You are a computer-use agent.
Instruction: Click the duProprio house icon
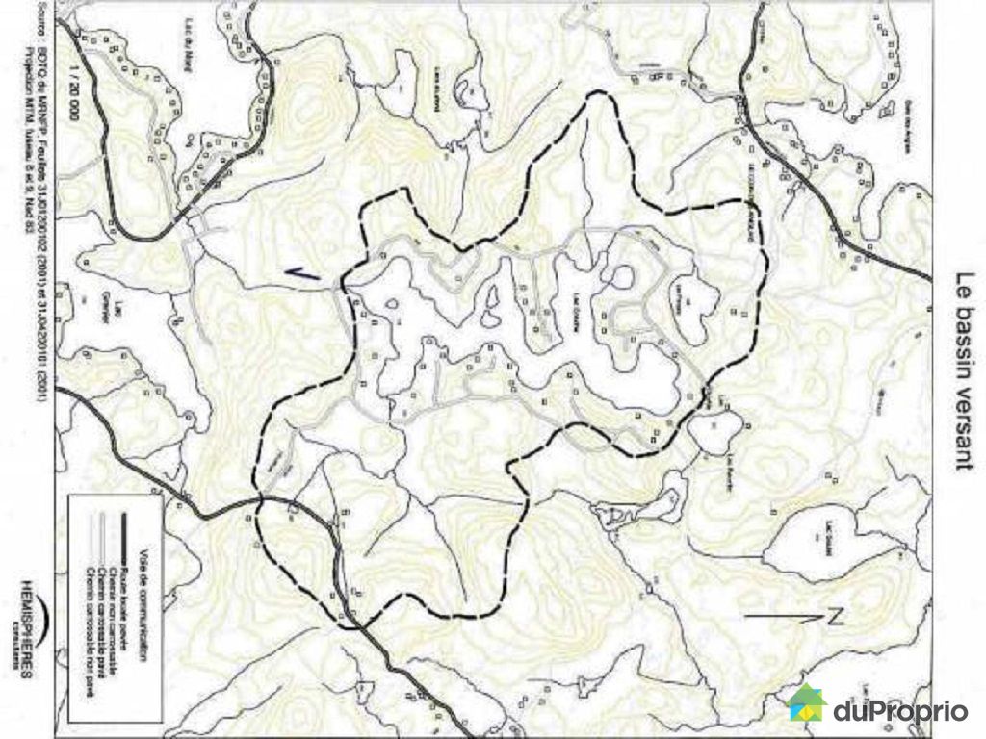click(808, 703)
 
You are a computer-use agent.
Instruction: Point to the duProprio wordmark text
click(900, 711)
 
